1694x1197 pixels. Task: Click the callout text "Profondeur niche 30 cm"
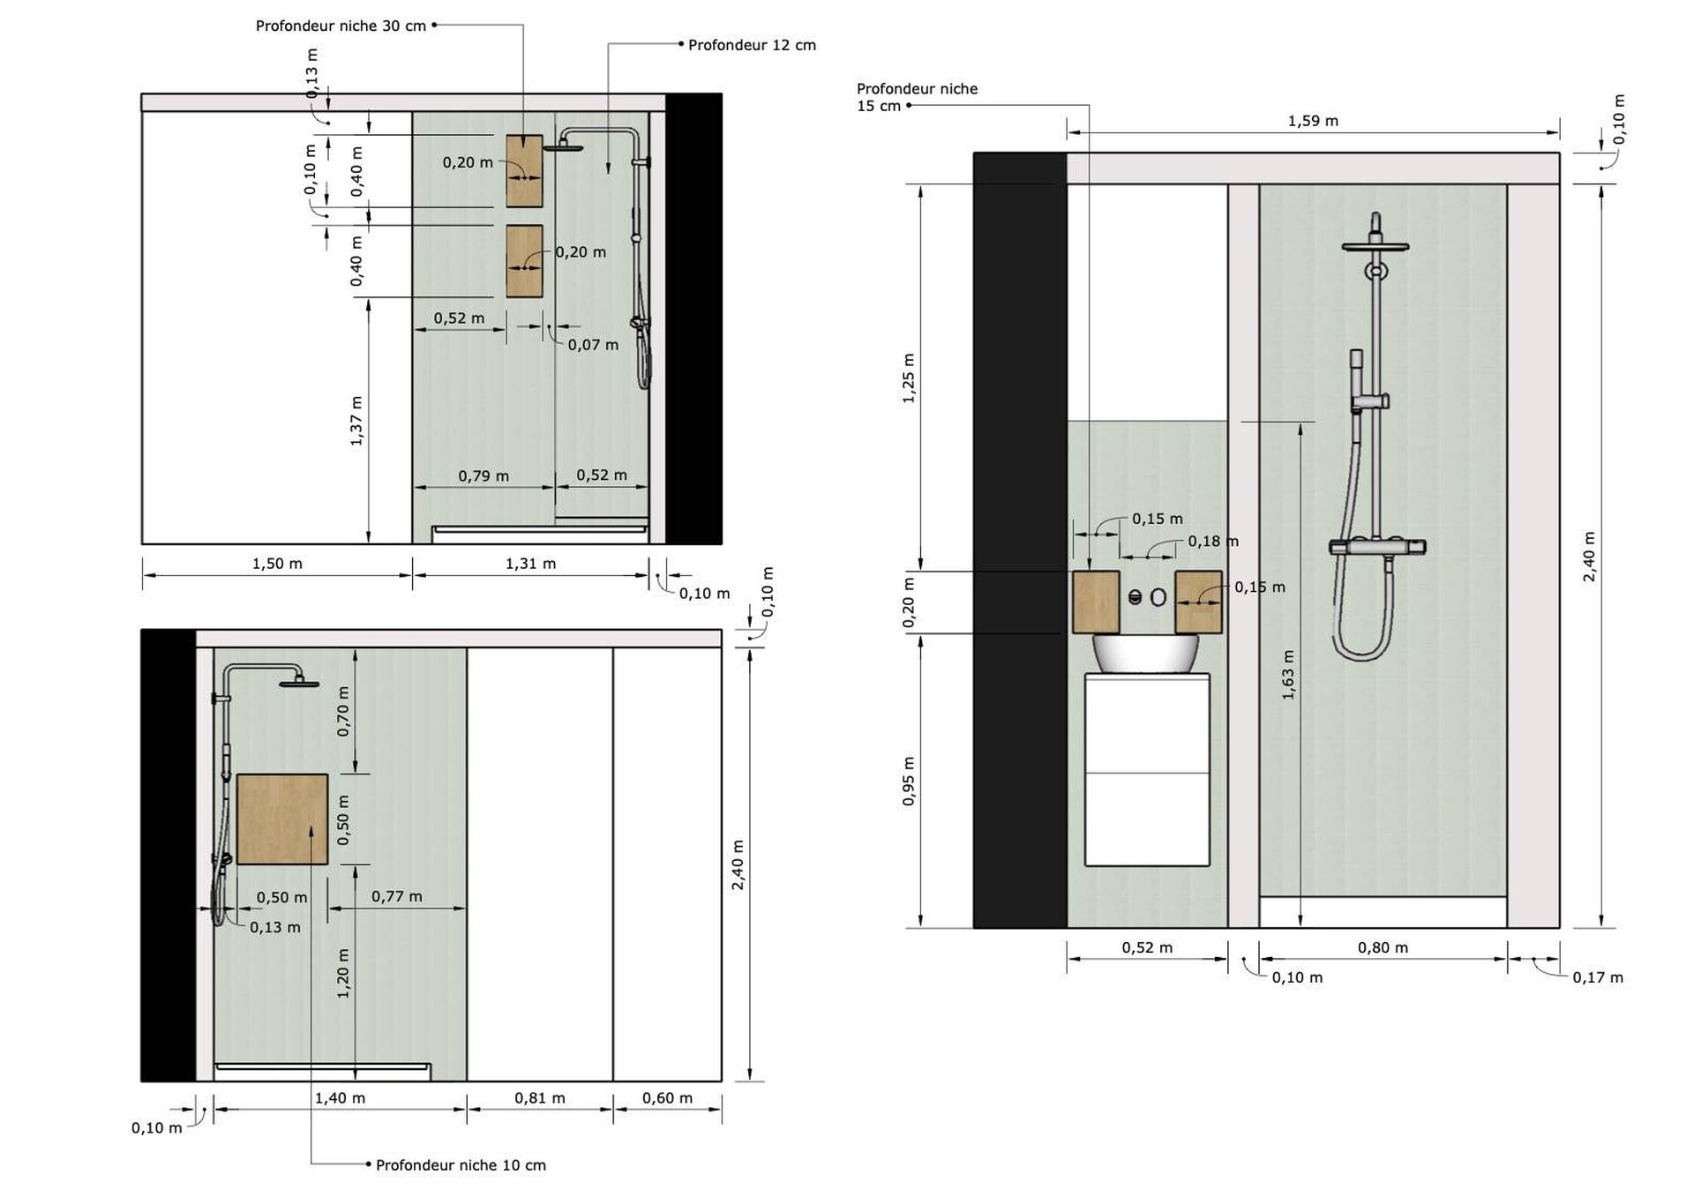[x=341, y=26]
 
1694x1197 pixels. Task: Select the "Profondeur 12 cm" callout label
[x=752, y=45]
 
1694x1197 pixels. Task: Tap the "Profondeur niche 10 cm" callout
[x=461, y=1165]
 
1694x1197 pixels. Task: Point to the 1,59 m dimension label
[x=1313, y=121]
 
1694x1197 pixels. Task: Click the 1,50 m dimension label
[x=277, y=564]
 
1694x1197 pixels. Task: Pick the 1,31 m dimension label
[x=530, y=564]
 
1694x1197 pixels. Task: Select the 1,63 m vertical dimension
[x=1288, y=675]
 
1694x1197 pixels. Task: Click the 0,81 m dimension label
[x=540, y=1098]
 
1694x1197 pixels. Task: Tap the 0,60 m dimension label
[x=667, y=1098]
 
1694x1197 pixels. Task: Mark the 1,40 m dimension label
[x=340, y=1098]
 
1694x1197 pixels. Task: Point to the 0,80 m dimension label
[x=1383, y=948]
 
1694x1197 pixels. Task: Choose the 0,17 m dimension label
[x=1598, y=977]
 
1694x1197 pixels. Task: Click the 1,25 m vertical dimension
[x=909, y=378]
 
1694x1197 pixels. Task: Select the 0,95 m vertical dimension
[x=909, y=781]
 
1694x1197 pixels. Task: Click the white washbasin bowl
[x=1145, y=654]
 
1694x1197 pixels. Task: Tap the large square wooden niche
[x=282, y=819]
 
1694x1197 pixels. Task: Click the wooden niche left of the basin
[x=1096, y=602]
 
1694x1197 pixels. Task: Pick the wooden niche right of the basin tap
[x=1198, y=602]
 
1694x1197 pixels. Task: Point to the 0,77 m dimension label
[x=396, y=896]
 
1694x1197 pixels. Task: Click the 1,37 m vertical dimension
[x=356, y=420]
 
